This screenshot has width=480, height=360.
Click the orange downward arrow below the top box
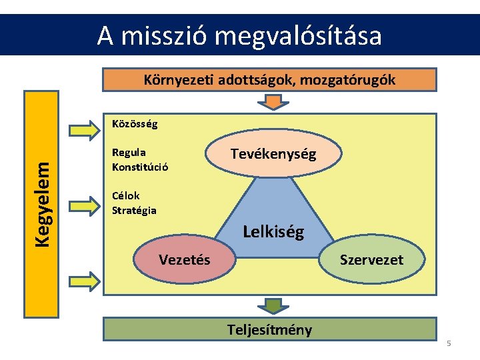[270, 102]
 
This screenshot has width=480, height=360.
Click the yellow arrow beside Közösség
[83, 130]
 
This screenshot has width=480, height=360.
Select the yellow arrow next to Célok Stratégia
[83, 206]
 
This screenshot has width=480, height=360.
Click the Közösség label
[135, 124]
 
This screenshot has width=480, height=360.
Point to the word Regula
[129, 153]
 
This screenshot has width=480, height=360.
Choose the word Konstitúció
[140, 167]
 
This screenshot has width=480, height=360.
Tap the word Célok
[126, 197]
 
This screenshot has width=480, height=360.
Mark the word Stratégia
[134, 211]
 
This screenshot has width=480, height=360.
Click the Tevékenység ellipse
[273, 154]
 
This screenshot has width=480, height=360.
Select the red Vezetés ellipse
[184, 259]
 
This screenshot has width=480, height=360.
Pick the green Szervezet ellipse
[371, 260]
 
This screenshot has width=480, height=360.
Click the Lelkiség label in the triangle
[273, 232]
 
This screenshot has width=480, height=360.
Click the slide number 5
[449, 344]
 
